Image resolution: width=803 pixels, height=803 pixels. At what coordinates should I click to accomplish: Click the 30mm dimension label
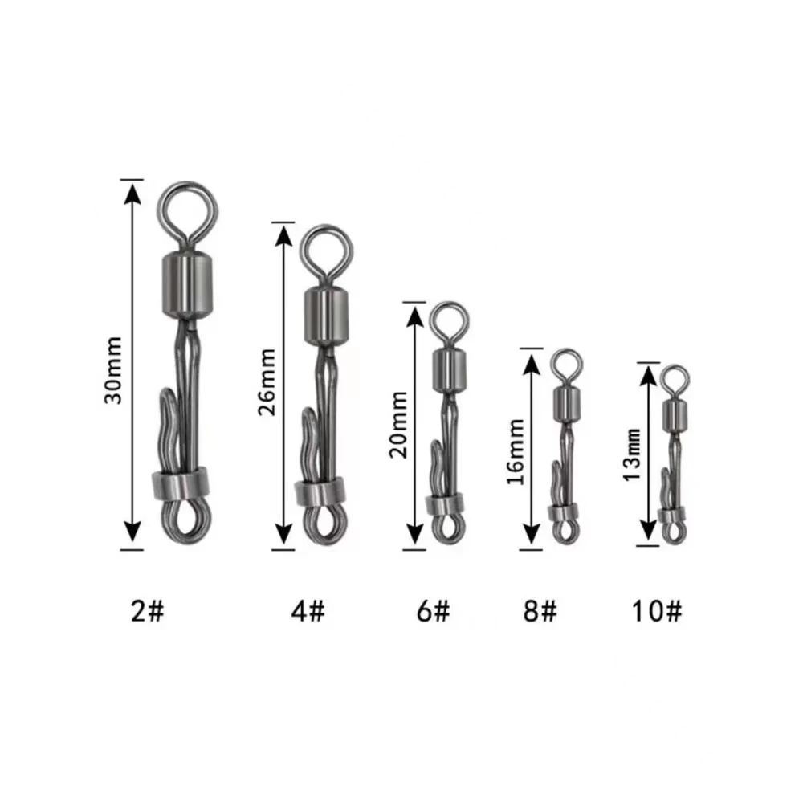113,370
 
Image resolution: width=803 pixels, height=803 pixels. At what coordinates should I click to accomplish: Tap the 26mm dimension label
267,381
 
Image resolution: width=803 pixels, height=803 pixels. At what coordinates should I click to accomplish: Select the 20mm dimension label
398,425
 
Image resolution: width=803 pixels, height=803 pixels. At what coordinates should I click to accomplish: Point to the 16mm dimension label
516,452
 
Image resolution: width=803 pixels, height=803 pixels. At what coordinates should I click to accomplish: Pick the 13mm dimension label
633,455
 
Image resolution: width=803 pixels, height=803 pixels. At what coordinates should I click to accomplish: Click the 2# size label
148,611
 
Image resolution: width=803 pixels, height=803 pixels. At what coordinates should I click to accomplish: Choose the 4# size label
308,611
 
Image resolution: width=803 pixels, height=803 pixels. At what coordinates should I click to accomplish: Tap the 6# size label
434,611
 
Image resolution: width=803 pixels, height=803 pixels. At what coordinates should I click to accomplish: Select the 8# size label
540,611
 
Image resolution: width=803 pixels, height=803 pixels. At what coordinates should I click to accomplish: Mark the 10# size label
657,611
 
